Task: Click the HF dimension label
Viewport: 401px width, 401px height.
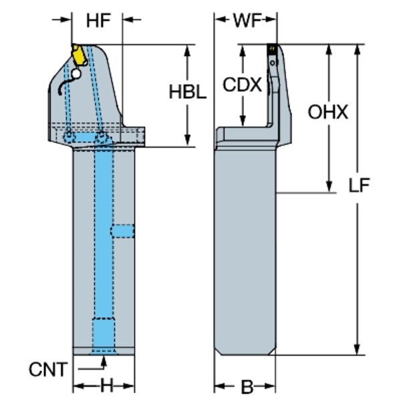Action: [98, 21]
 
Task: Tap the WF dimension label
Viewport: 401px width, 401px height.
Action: [246, 21]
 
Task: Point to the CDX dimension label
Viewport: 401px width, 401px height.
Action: [241, 86]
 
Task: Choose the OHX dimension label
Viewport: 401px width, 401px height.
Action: [327, 112]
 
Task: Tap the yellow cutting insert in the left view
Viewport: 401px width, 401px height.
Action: [79, 54]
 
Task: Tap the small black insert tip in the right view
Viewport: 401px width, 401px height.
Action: [272, 48]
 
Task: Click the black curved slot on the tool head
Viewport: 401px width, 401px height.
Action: [63, 84]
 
